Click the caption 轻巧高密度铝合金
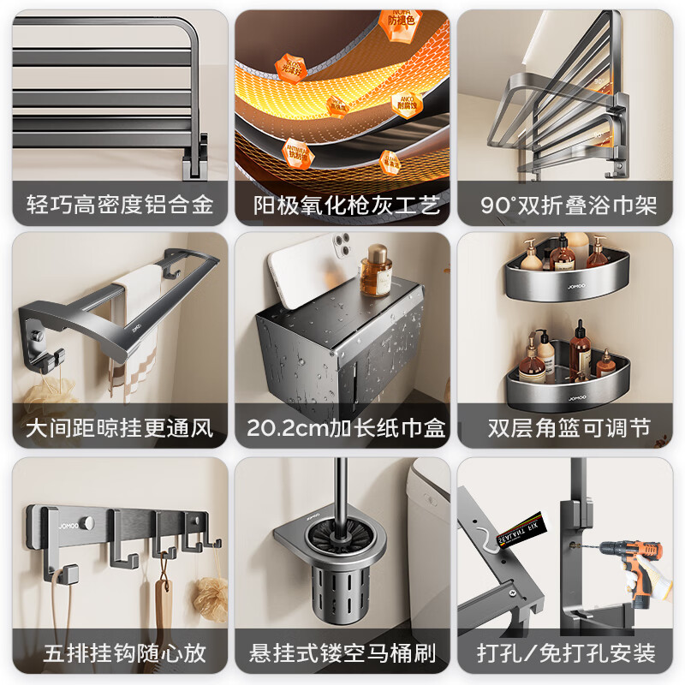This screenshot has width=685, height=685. click(x=120, y=205)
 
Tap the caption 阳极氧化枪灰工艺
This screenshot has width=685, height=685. click(x=342, y=205)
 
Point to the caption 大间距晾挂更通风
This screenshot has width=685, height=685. click(x=120, y=427)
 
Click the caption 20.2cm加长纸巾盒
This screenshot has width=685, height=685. click(x=342, y=427)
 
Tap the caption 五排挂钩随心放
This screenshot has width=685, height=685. click(x=120, y=653)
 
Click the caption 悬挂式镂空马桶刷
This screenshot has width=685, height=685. click(x=342, y=653)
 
